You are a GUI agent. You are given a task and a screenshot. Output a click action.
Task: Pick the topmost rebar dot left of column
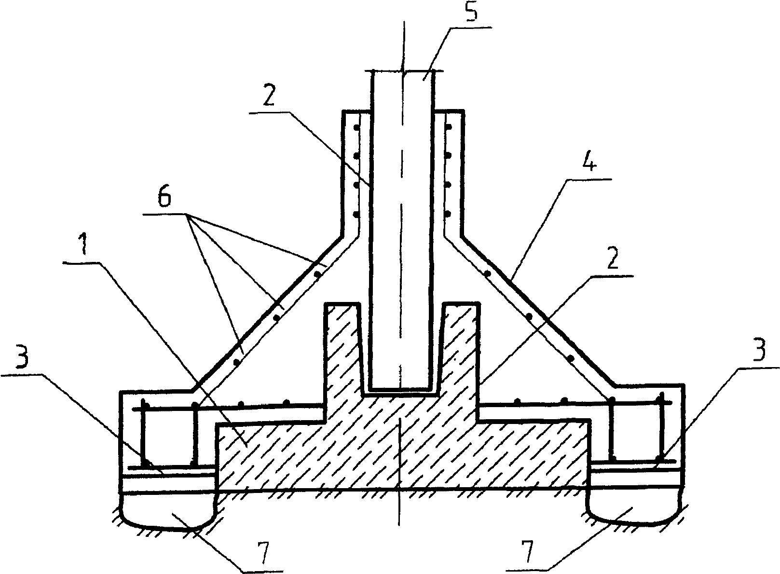tap(356, 128)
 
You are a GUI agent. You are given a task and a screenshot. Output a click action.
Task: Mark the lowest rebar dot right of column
tap(448, 213)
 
